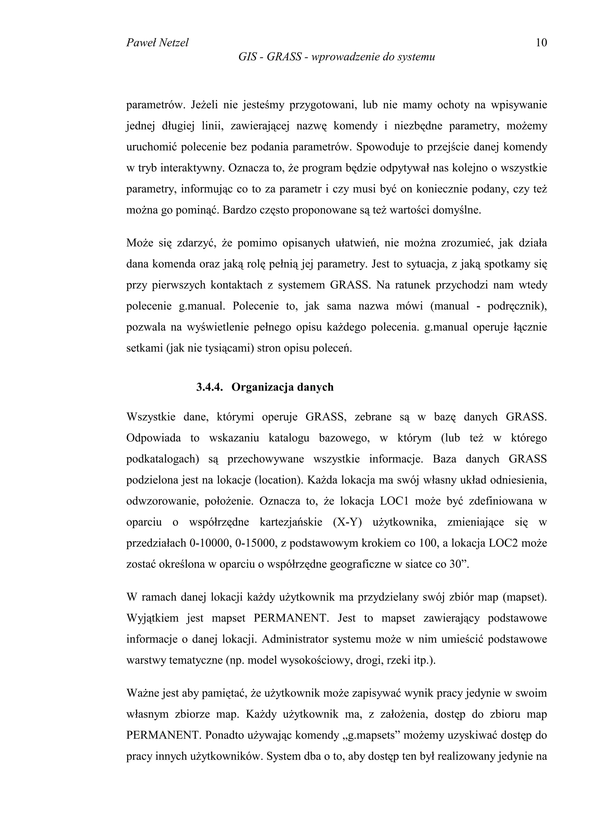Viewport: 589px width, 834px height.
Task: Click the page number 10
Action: tap(541, 43)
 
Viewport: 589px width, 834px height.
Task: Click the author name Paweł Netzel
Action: tap(157, 43)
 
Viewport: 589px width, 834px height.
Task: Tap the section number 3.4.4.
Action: tap(209, 387)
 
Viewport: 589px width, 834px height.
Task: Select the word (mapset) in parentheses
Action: tap(524, 597)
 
